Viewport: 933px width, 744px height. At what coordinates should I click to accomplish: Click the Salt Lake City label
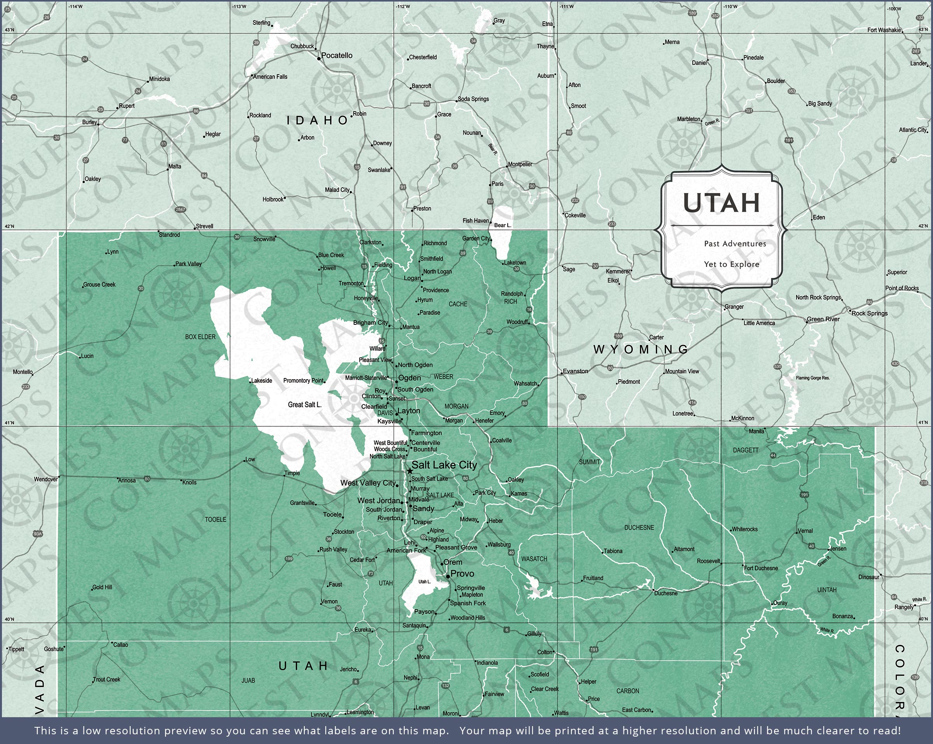[x=444, y=465]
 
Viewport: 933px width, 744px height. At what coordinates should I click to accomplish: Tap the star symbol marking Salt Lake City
[x=409, y=471]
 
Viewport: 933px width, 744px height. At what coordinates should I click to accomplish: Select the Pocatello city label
[x=337, y=56]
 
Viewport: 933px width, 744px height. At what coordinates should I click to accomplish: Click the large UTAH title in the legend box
[x=722, y=203]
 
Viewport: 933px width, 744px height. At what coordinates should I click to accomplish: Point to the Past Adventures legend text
[x=735, y=244]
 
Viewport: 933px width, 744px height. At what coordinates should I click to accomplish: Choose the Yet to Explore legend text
[x=731, y=264]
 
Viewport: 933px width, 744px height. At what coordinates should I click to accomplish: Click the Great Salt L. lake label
[x=305, y=405]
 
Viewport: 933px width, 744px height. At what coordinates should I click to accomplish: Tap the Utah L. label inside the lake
[x=425, y=582]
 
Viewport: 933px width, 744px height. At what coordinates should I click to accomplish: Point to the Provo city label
[x=462, y=574]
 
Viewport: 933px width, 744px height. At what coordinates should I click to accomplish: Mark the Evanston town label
[x=576, y=371]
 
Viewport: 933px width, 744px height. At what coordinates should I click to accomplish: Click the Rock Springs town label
[x=869, y=313]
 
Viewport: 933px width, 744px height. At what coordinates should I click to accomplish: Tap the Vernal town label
[x=805, y=531]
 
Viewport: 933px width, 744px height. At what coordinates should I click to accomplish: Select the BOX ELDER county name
[x=200, y=337]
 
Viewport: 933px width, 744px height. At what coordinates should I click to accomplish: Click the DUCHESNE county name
[x=639, y=528]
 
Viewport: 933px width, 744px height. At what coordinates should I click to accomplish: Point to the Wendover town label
[x=46, y=479]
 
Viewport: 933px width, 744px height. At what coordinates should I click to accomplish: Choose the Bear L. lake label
[x=503, y=225]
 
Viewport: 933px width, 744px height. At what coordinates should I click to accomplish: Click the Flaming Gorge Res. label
[x=813, y=378]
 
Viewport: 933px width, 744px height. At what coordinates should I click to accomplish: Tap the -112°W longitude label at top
[x=402, y=7]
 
